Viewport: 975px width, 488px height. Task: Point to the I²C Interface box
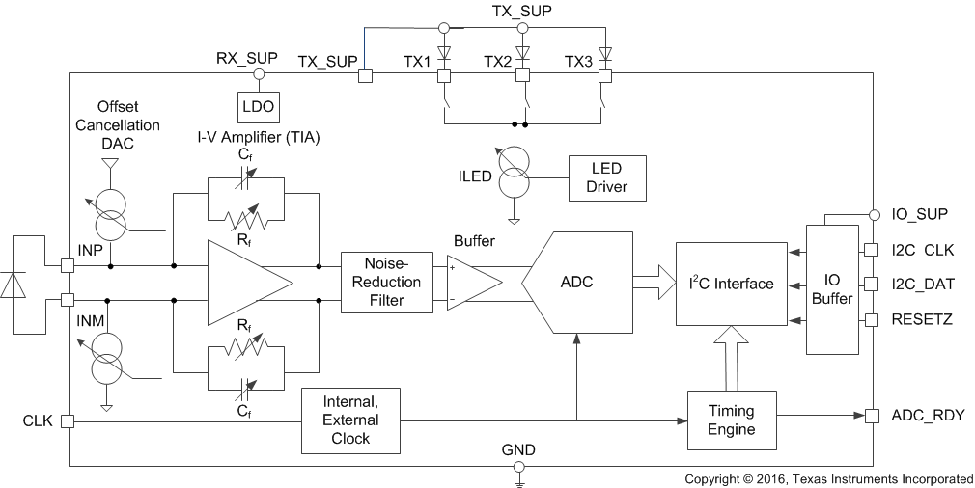click(731, 283)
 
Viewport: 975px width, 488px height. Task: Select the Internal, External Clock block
click(350, 420)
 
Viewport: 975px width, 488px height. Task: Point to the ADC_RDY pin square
click(872, 417)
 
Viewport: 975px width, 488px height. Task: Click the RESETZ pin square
click(872, 318)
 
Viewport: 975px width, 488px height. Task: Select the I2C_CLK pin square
click(872, 250)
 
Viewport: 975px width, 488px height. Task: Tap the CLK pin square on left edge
click(69, 420)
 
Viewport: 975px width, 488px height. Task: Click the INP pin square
click(69, 265)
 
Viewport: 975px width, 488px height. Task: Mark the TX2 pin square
click(524, 74)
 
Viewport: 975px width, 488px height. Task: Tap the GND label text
click(518, 449)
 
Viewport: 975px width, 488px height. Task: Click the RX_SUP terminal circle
click(258, 74)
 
